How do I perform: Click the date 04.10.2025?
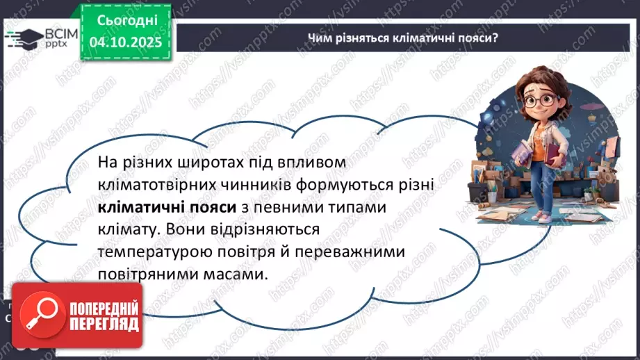[125, 42]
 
